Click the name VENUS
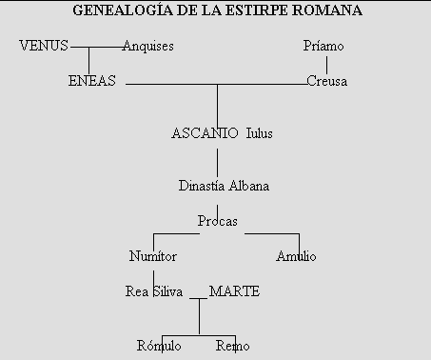click(x=44, y=46)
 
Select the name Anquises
click(x=148, y=46)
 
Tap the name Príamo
click(x=322, y=46)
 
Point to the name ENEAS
click(x=92, y=81)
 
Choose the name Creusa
click(x=326, y=81)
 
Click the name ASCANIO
click(x=205, y=133)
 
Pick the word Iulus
click(x=259, y=133)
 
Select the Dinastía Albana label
click(x=224, y=186)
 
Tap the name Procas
click(x=217, y=221)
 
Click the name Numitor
click(x=152, y=256)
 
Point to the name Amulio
click(x=296, y=256)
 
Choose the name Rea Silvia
click(x=154, y=291)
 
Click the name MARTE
click(x=234, y=291)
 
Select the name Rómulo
click(x=159, y=345)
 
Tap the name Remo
click(x=232, y=345)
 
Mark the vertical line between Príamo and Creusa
click(x=326, y=64)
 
